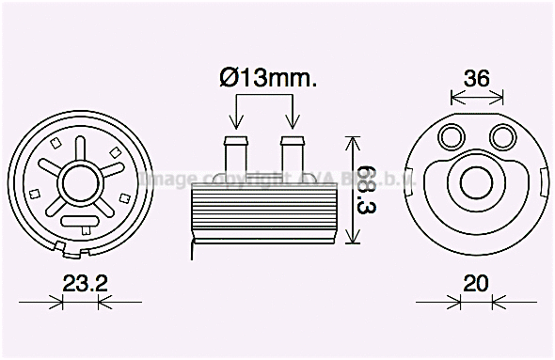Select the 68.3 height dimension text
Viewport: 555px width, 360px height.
click(x=368, y=192)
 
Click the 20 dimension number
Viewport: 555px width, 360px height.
click(x=477, y=282)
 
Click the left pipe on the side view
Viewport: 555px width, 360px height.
click(x=234, y=156)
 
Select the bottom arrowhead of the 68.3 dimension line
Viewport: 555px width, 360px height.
click(x=353, y=239)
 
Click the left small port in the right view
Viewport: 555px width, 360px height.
click(x=453, y=137)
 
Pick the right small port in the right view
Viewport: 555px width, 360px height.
click(x=501, y=137)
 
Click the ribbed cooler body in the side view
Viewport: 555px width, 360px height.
click(x=262, y=211)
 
